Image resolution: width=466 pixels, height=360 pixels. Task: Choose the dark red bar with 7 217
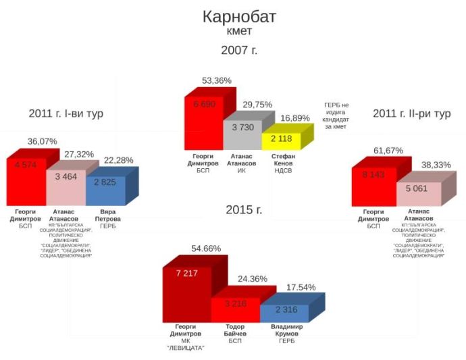186,294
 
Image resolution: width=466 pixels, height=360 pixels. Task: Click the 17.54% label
301,287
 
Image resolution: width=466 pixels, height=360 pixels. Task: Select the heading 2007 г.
239,50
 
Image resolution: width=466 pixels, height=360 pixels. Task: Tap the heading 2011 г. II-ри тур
411,113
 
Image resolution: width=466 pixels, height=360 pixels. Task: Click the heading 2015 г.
244,209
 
